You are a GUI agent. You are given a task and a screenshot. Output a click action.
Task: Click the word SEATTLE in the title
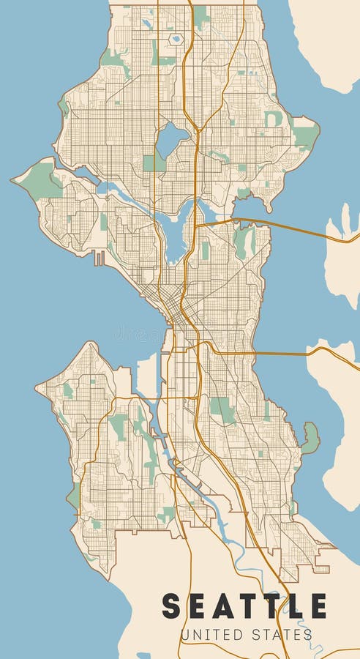point(244,606)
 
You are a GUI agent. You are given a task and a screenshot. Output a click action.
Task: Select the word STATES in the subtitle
point(280,634)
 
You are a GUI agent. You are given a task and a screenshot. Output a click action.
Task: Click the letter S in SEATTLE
point(171,606)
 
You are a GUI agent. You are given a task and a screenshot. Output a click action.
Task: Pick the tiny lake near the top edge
point(176,38)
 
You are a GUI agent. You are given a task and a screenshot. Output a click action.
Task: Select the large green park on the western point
point(42,180)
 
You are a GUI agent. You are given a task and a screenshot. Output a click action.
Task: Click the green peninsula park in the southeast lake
point(311,437)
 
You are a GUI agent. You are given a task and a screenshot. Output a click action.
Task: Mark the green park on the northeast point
point(304,135)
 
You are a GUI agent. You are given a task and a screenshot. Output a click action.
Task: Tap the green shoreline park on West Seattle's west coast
point(73,496)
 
